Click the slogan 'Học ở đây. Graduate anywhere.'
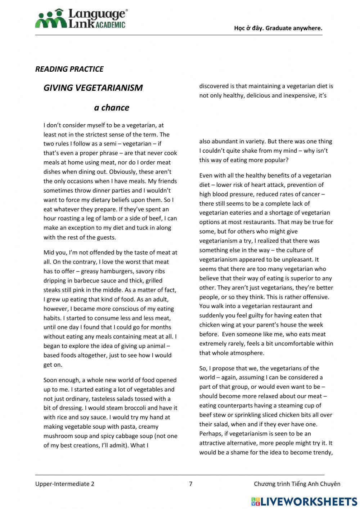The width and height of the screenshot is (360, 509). pyautogui.click(x=278, y=28)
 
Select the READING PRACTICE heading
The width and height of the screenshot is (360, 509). pyautogui.click(x=69, y=69)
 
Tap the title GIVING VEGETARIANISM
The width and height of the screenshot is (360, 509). pyautogui.click(x=93, y=88)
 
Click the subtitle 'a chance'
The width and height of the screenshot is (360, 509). pyautogui.click(x=111, y=108)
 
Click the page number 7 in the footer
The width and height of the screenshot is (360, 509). pyautogui.click(x=191, y=484)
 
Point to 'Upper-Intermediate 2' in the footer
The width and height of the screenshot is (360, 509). pyautogui.click(x=65, y=484)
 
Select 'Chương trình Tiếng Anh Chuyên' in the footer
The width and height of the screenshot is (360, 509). pyautogui.click(x=297, y=484)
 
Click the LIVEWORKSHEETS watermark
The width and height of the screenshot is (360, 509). pyautogui.click(x=304, y=501)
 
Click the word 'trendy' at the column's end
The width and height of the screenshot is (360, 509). pyautogui.click(x=323, y=452)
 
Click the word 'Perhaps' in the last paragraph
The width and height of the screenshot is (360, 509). pyautogui.click(x=210, y=434)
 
